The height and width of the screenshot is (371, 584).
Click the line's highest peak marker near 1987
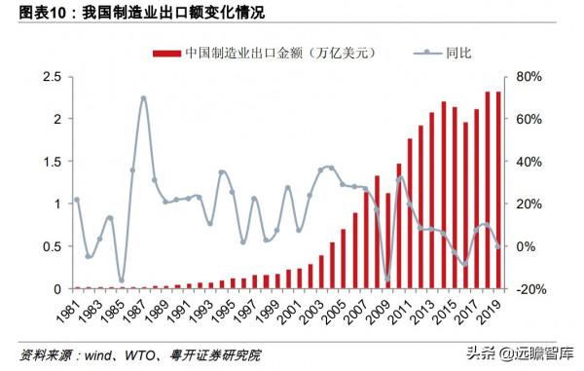coord(143,97)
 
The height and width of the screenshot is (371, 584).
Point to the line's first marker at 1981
coord(76,200)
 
